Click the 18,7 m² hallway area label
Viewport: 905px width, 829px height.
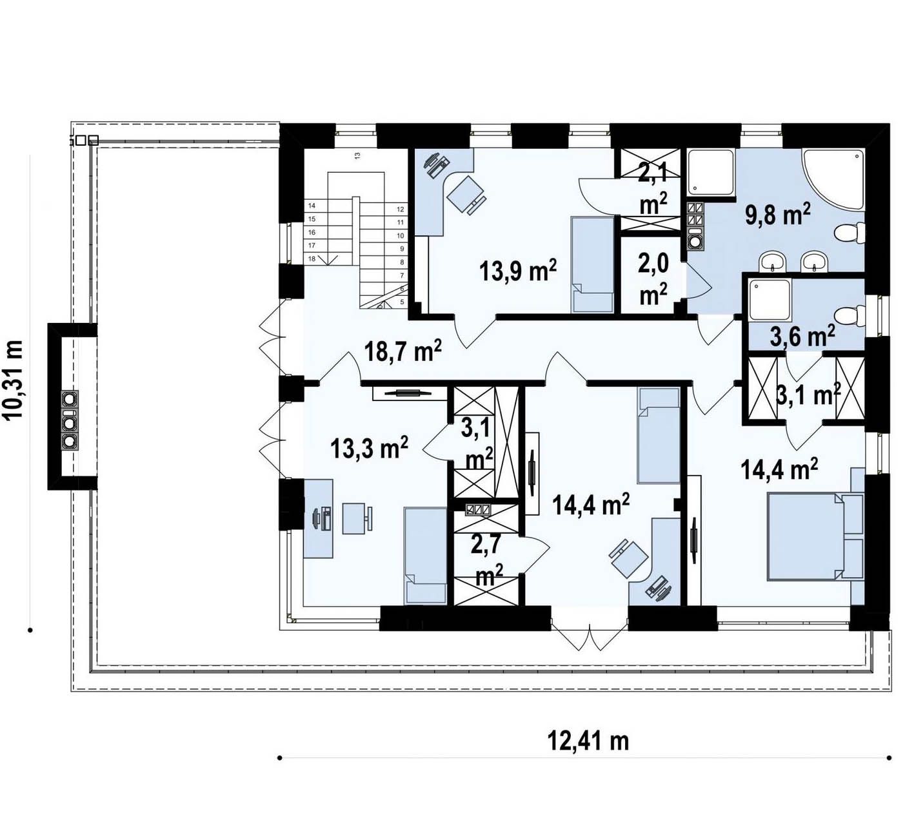403,352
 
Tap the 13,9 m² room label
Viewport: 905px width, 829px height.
518,271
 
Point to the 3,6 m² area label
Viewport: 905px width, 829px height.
802,336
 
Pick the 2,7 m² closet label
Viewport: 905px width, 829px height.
486,560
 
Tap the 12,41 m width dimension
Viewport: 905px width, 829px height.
588,741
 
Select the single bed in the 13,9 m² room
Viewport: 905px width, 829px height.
592,265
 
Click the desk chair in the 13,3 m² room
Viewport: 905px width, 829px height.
357,519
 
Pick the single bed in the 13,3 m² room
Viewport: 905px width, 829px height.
426,556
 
